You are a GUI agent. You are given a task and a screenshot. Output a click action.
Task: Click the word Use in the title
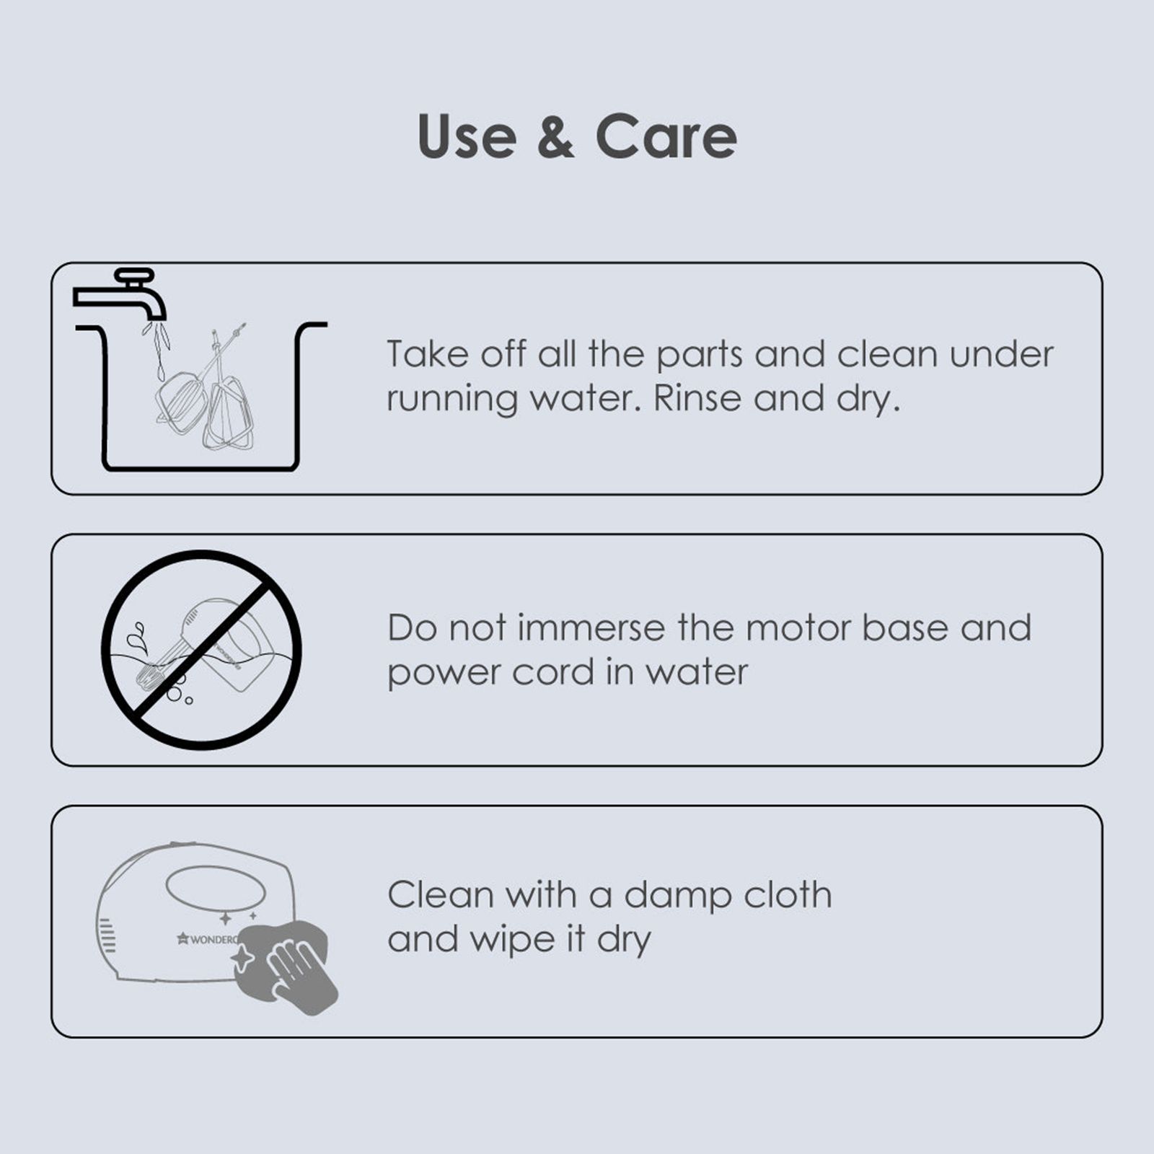click(467, 136)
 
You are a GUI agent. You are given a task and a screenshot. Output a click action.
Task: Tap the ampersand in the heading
click(556, 136)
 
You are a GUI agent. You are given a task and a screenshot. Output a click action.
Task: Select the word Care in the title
click(666, 136)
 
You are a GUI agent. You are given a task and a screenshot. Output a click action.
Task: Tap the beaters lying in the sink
click(205, 389)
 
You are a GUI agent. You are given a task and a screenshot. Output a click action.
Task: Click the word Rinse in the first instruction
click(697, 398)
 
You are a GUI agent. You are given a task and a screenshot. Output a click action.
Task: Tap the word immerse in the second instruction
click(591, 627)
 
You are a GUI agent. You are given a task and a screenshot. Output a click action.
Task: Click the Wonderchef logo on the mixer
click(208, 939)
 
